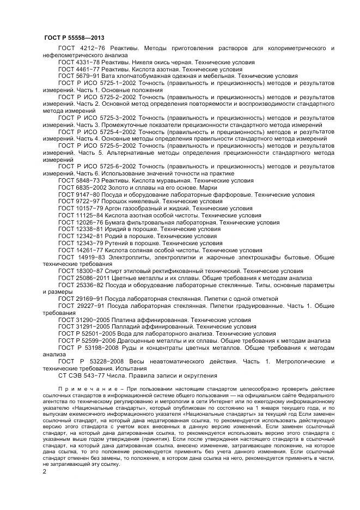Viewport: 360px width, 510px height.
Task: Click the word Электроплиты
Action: (131, 257)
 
